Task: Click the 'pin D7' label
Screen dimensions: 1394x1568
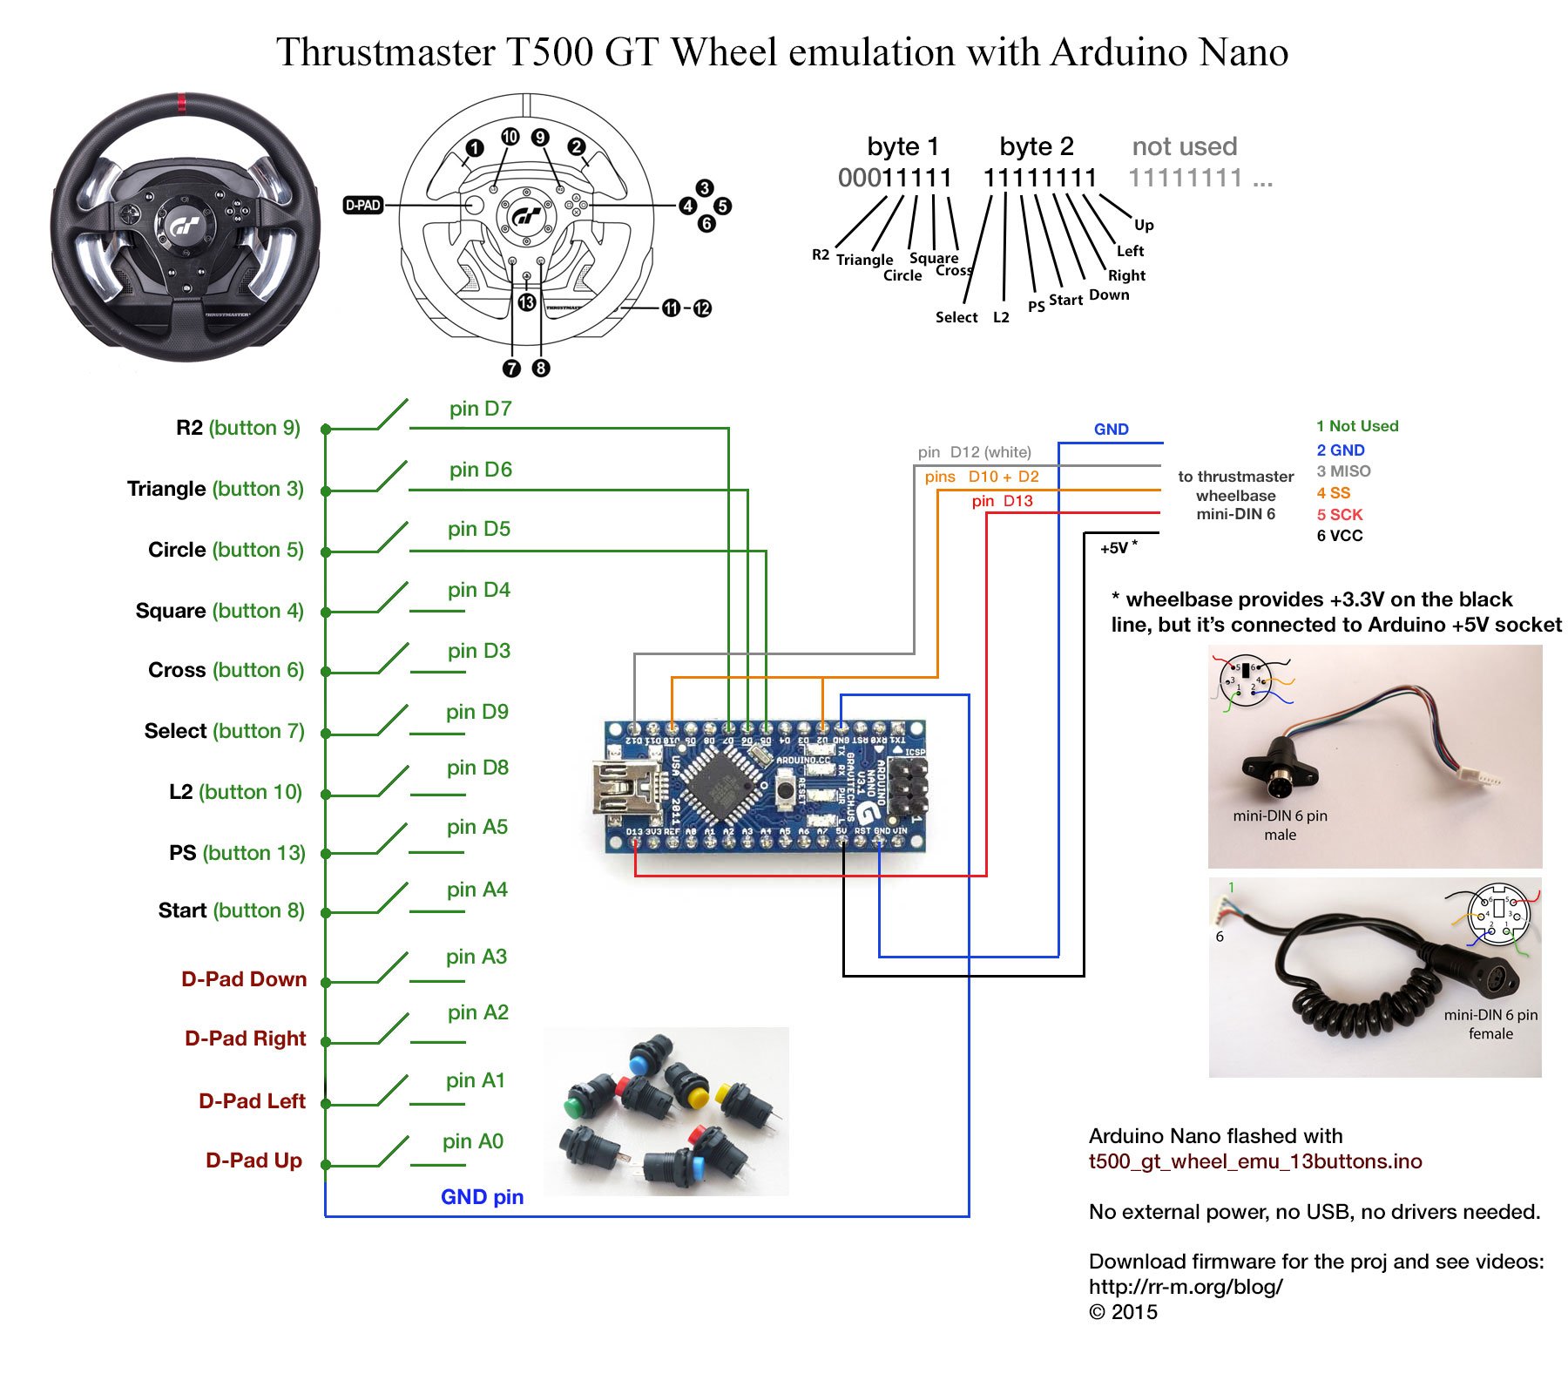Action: coord(480,409)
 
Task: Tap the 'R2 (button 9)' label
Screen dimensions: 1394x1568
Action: coord(238,428)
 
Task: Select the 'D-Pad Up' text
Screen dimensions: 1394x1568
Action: coord(253,1161)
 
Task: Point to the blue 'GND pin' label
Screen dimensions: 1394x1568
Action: coord(482,1197)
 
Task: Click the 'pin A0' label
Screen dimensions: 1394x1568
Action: coord(472,1141)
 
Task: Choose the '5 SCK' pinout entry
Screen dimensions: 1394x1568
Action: coord(1339,515)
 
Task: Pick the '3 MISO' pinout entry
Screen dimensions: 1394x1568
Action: coord(1343,471)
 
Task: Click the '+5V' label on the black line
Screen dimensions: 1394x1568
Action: coord(1115,548)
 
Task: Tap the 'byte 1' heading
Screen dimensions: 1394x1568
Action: coord(902,145)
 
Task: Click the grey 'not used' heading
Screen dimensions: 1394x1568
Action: coord(1184,145)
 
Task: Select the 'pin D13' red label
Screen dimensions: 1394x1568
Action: coord(1002,501)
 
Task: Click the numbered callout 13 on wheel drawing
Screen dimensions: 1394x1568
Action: coord(527,302)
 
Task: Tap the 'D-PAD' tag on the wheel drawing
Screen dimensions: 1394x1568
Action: coord(363,206)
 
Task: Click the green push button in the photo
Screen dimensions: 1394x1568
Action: coord(573,1107)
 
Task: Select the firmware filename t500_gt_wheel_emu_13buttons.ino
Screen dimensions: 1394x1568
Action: coord(1254,1161)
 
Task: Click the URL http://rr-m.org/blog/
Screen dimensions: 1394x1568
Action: coord(1185,1287)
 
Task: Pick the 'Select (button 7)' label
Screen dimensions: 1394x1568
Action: coord(224,731)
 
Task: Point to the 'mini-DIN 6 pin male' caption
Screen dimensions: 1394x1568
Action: coord(1280,825)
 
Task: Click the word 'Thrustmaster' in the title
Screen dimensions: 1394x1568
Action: coord(386,52)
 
